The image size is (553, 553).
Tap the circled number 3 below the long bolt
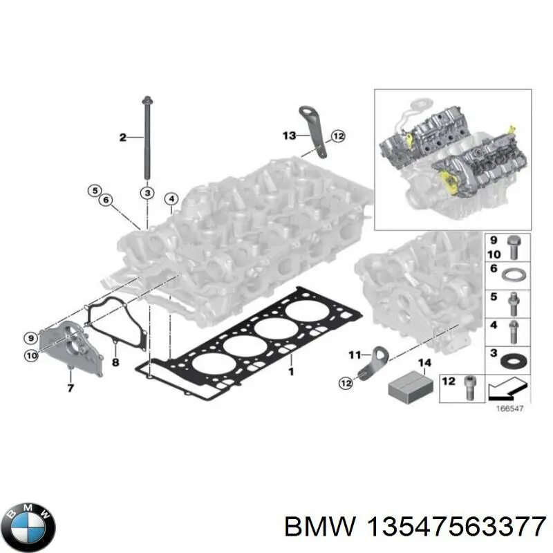tap(147, 191)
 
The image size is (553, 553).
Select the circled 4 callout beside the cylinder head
tap(171, 200)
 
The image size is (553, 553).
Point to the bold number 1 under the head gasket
tap(291, 372)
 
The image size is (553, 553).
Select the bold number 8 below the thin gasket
tap(115, 362)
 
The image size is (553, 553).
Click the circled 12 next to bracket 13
tap(337, 136)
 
